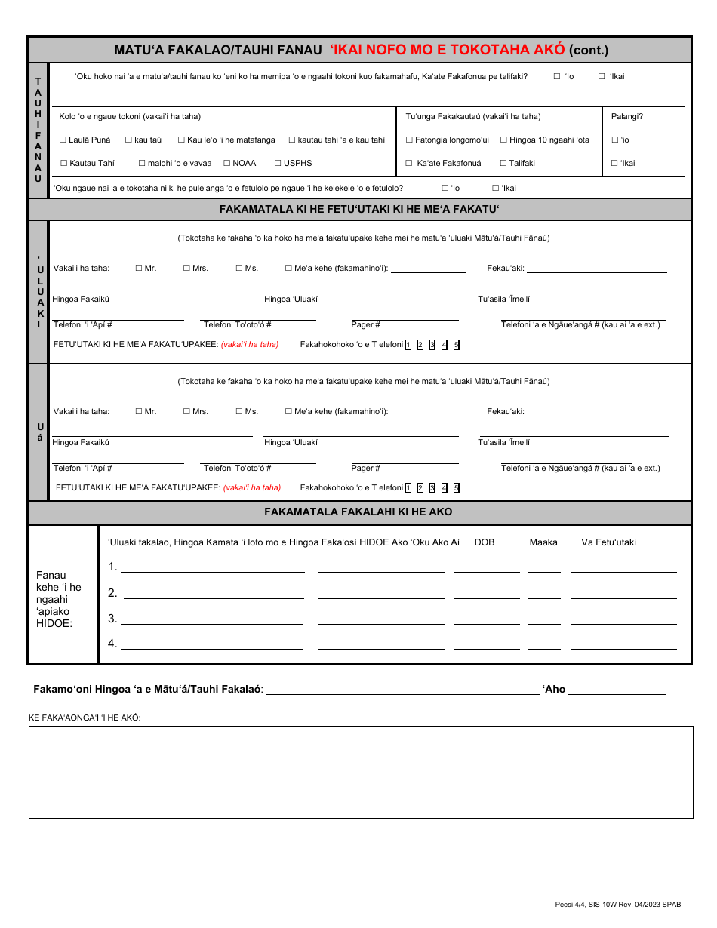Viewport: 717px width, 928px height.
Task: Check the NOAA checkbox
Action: click(x=227, y=163)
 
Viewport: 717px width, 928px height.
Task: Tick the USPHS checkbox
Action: click(x=278, y=163)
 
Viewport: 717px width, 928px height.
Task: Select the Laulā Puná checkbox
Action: click(x=63, y=140)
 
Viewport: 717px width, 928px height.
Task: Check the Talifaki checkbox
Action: click(x=503, y=163)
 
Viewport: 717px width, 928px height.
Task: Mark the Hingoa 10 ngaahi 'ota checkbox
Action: click(x=504, y=140)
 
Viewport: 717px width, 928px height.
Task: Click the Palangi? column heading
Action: click(x=626, y=116)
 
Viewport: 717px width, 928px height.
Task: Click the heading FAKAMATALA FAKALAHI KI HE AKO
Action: click(x=358, y=512)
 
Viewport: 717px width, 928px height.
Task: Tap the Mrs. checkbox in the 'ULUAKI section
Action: click(x=186, y=268)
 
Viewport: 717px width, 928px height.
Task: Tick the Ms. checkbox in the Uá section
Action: click(x=239, y=411)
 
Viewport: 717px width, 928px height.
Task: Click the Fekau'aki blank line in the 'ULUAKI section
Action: click(x=596, y=269)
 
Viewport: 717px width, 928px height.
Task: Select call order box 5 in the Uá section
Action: click(x=457, y=487)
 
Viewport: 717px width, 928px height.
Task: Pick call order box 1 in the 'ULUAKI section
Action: click(x=408, y=345)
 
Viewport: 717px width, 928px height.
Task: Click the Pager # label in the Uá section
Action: click(x=365, y=468)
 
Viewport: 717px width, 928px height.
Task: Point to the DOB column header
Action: click(x=484, y=542)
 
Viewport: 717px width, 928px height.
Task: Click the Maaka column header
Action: click(x=543, y=542)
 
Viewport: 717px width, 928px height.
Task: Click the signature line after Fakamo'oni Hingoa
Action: click(x=403, y=690)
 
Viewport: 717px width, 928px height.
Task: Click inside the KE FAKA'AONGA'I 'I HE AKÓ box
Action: click(x=361, y=772)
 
